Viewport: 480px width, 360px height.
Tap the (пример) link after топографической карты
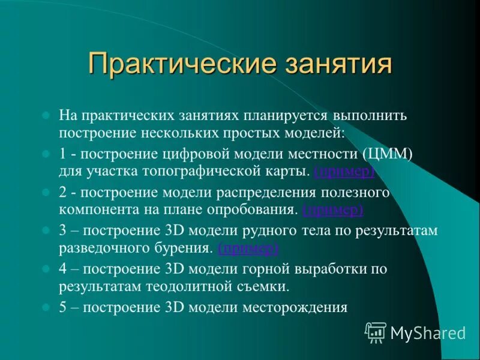[x=345, y=172]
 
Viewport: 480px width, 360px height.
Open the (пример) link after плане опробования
[x=333, y=210]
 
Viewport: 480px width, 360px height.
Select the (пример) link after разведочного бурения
[x=248, y=248]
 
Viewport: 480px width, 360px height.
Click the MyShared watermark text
[x=428, y=332]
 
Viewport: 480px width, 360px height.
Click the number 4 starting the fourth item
[x=63, y=269]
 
